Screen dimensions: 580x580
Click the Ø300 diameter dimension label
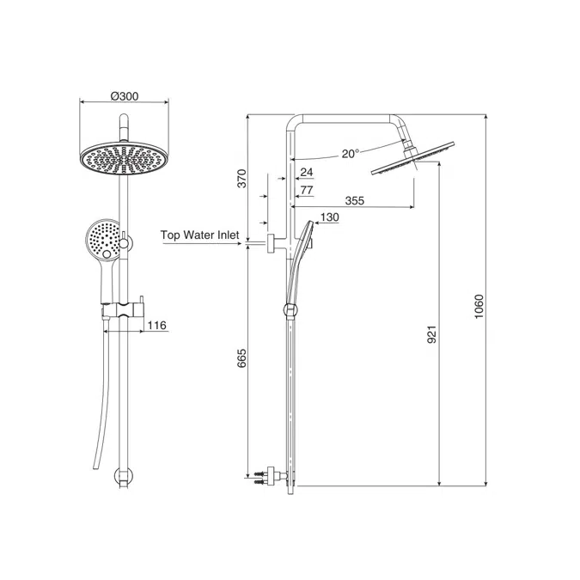point(125,96)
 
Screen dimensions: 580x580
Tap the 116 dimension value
point(157,325)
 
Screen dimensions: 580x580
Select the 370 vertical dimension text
point(241,178)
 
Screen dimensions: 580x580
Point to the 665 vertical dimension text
point(241,358)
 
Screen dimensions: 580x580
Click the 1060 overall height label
point(479,307)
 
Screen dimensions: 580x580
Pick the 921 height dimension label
point(432,334)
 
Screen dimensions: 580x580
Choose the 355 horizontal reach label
point(354,200)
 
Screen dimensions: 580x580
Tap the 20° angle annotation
point(351,154)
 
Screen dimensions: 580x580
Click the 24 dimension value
point(306,172)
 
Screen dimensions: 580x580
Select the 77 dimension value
point(307,190)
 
